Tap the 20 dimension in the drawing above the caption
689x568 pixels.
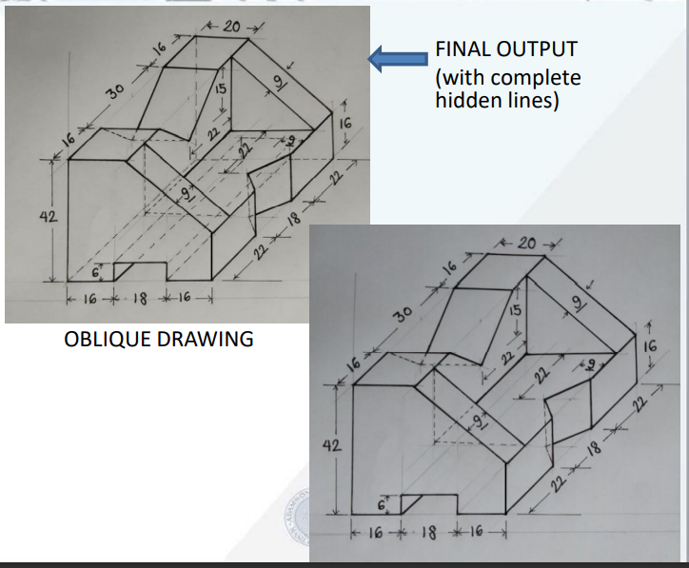229,25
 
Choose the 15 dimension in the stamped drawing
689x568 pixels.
515,310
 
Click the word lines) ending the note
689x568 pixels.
528,100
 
